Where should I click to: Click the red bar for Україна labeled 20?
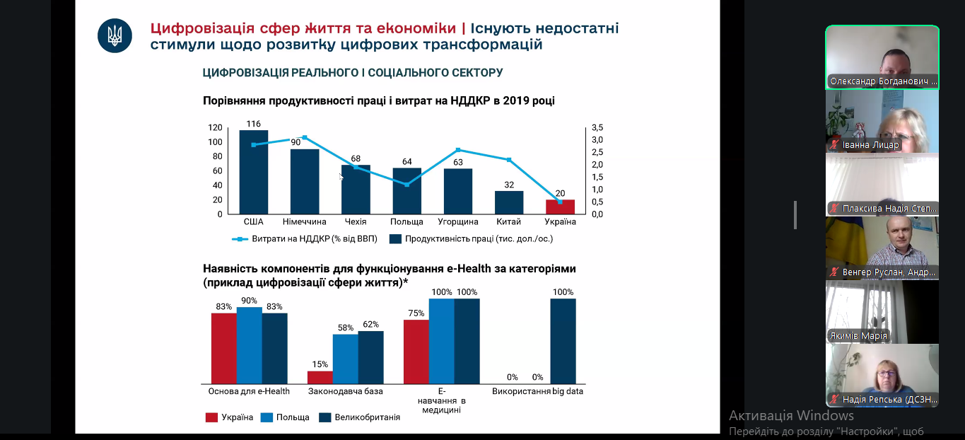[560, 207]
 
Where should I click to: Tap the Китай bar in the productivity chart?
[508, 202]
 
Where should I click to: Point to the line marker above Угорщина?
[458, 150]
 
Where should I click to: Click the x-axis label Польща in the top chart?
[407, 222]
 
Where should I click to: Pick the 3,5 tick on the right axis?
[597, 127]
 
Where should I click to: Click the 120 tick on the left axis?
[215, 128]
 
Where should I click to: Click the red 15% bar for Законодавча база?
[320, 377]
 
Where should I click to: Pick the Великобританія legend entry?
[367, 417]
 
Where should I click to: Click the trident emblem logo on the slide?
[115, 35]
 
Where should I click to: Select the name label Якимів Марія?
[859, 336]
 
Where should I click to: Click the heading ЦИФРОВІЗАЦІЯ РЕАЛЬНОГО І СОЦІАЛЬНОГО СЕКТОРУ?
[353, 73]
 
